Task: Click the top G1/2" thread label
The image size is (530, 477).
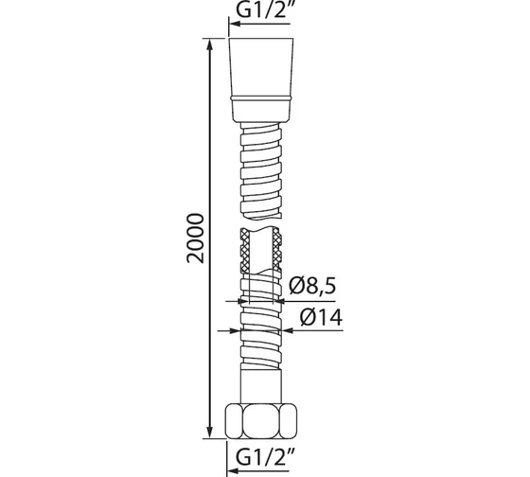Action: click(263, 10)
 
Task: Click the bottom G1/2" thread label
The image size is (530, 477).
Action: click(263, 457)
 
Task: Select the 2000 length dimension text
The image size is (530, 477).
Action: click(195, 238)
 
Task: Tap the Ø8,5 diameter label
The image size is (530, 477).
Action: click(312, 286)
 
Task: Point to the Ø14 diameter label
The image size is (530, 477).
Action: click(321, 317)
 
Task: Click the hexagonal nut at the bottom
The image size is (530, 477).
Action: click(261, 421)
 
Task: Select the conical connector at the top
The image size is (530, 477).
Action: click(261, 79)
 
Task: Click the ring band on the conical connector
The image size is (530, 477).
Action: click(261, 98)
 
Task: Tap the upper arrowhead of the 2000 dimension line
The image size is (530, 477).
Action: click(210, 45)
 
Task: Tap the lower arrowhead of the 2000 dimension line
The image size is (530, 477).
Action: click(210, 432)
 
